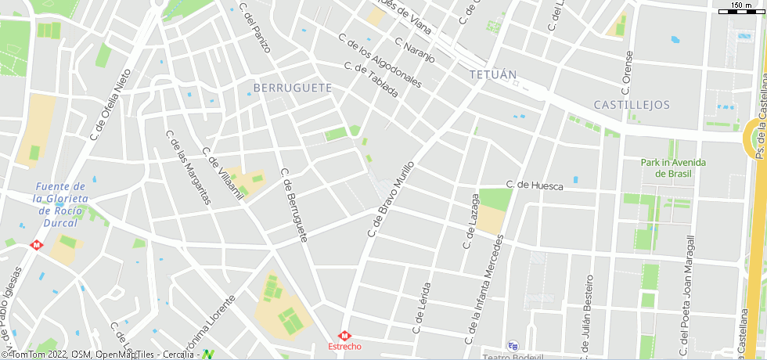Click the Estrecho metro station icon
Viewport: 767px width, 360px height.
[344, 335]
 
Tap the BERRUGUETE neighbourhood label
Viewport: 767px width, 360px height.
[293, 88]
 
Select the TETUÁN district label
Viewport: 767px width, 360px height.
[493, 75]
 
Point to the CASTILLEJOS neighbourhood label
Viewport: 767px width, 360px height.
[632, 104]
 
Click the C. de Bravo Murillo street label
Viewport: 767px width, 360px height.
[390, 199]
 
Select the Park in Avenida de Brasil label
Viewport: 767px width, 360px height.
[673, 167]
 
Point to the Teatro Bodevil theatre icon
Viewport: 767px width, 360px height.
[513, 345]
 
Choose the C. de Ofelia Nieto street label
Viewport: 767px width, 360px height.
[110, 103]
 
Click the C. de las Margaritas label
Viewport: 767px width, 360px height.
[189, 167]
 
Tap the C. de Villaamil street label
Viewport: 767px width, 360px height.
[224, 173]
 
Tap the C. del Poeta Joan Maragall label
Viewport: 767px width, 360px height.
[686, 297]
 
